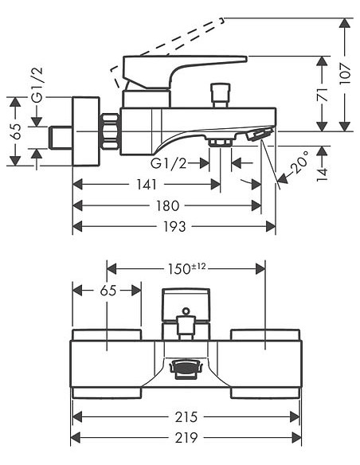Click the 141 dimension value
click(147, 185)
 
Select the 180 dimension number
click(168, 205)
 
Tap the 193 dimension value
click(175, 227)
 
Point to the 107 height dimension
click(345, 74)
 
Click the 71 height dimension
click(323, 94)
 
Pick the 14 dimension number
click(323, 174)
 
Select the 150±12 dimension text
click(186, 268)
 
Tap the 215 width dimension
click(186, 417)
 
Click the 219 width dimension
click(186, 437)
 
